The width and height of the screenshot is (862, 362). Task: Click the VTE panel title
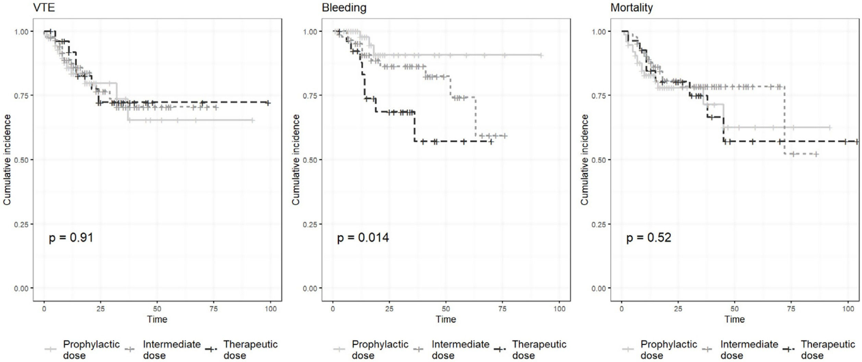[x=44, y=8]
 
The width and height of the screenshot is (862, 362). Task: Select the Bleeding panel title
[x=344, y=8]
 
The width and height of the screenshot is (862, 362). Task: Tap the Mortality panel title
[x=631, y=8]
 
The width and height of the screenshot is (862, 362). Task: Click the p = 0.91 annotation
[x=71, y=237]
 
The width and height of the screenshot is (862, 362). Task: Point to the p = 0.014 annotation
[x=363, y=237]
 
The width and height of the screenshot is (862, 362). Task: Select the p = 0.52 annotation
[x=648, y=237]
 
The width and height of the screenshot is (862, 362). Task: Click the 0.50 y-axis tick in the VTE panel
[x=21, y=160]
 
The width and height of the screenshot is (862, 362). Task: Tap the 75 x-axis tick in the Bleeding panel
[x=502, y=309]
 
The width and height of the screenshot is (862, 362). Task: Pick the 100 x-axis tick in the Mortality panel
[x=848, y=309]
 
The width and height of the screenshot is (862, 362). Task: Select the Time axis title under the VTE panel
[x=157, y=319]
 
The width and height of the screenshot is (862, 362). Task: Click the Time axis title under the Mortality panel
[x=734, y=319]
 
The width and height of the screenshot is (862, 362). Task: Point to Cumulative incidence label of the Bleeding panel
[x=296, y=160]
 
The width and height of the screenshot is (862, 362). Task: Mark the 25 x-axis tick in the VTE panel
[x=100, y=309]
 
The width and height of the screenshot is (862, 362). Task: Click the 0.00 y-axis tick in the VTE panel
[x=21, y=289]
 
